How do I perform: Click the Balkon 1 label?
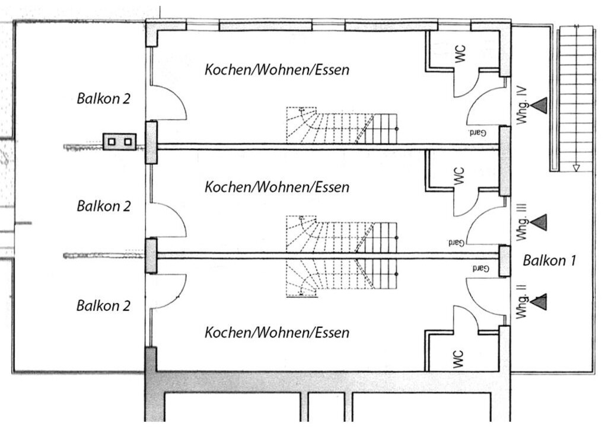[549, 260]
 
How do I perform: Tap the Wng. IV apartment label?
[521, 105]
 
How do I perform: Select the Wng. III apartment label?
[521, 222]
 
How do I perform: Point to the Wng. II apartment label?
[521, 302]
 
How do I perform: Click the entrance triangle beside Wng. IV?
[539, 106]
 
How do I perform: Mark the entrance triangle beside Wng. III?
[539, 222]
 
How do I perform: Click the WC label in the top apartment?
[460, 53]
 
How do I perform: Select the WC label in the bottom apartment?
[458, 359]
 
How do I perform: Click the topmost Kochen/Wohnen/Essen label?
[276, 70]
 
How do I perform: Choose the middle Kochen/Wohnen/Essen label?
[276, 187]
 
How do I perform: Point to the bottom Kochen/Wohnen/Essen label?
[276, 333]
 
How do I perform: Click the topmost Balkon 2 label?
[103, 98]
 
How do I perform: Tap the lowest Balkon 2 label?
[103, 305]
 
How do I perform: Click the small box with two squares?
[120, 142]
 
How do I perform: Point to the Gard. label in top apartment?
[476, 133]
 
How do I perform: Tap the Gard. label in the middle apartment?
[456, 243]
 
